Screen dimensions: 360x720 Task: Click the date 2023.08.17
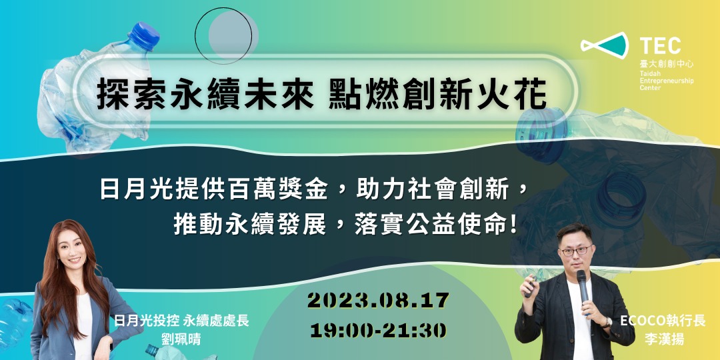[378, 301]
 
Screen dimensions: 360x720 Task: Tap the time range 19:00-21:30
[378, 329]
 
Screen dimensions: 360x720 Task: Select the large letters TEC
[660, 45]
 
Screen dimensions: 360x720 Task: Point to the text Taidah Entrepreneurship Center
[666, 82]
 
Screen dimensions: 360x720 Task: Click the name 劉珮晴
[181, 338]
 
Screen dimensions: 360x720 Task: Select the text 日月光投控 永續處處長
[181, 321]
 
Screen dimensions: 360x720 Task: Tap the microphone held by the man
[582, 285]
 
